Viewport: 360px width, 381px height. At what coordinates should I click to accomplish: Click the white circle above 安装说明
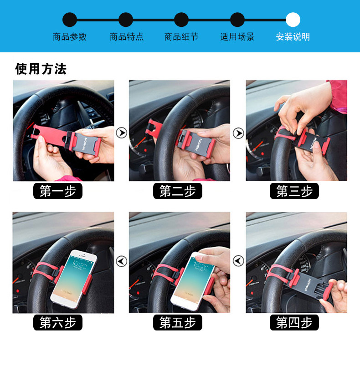tap(293, 20)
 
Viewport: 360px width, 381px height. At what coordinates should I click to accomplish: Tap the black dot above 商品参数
tap(70, 20)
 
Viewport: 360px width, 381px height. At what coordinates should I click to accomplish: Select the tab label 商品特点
tap(127, 37)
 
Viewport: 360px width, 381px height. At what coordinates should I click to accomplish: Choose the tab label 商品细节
tap(181, 37)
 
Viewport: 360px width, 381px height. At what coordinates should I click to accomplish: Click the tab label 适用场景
tap(237, 37)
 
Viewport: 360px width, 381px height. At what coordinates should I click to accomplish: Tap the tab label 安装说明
tap(293, 37)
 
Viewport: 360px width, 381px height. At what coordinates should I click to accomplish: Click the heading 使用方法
tap(41, 69)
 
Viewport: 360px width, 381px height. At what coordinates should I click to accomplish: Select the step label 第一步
tap(58, 191)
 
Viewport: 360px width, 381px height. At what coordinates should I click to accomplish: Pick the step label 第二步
tap(177, 191)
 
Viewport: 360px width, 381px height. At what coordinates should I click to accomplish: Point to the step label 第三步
tap(294, 191)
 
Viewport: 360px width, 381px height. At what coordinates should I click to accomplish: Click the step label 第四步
tap(294, 322)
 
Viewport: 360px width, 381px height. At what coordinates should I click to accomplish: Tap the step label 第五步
tap(177, 322)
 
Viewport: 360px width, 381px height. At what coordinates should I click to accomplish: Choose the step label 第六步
tap(58, 322)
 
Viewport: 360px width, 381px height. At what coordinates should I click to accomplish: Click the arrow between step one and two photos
tap(121, 132)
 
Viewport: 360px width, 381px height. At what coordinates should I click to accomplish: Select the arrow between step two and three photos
tap(238, 133)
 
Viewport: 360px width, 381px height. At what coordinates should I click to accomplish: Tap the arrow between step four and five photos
tap(238, 261)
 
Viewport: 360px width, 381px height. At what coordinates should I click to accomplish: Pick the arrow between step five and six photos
tap(121, 261)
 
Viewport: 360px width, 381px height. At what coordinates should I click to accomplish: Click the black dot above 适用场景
tap(237, 20)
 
